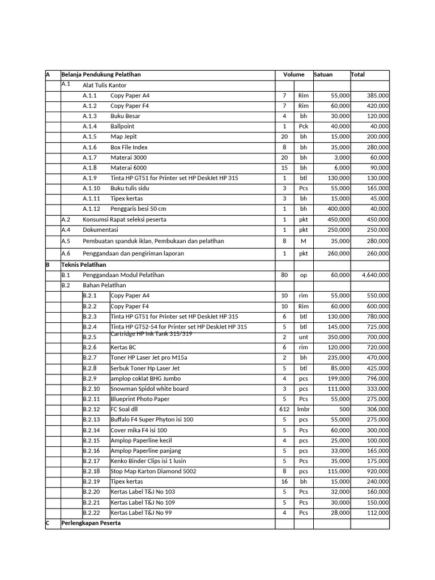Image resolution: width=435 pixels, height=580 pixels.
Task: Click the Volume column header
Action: tap(293, 75)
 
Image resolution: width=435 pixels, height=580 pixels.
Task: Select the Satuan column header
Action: tap(323, 75)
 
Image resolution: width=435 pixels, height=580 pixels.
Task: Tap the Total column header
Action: tap(358, 75)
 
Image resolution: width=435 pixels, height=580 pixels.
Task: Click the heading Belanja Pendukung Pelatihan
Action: tap(101, 75)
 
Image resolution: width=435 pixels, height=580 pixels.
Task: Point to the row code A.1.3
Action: tap(89, 116)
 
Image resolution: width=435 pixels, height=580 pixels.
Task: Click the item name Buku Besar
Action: tap(125, 116)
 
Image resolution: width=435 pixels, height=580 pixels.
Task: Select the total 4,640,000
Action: tap(374, 275)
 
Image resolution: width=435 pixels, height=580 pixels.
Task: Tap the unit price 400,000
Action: tap(336, 209)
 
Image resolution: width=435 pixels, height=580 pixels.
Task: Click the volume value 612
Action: tap(284, 410)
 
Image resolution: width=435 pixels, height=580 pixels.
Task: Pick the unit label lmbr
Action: tap(304, 410)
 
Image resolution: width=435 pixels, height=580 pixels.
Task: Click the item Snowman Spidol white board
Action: tap(150, 389)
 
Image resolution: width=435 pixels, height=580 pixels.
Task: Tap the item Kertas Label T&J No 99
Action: tap(141, 513)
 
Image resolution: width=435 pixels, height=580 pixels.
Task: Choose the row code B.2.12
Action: tap(91, 410)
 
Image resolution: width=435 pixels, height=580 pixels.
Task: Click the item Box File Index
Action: tap(129, 147)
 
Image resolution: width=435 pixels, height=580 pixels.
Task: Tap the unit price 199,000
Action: tap(336, 378)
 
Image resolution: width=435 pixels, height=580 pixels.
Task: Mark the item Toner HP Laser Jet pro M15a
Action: tap(148, 358)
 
